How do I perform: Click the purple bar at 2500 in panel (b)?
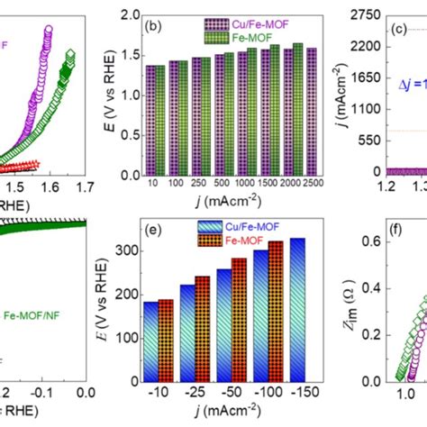(x=311, y=107)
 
